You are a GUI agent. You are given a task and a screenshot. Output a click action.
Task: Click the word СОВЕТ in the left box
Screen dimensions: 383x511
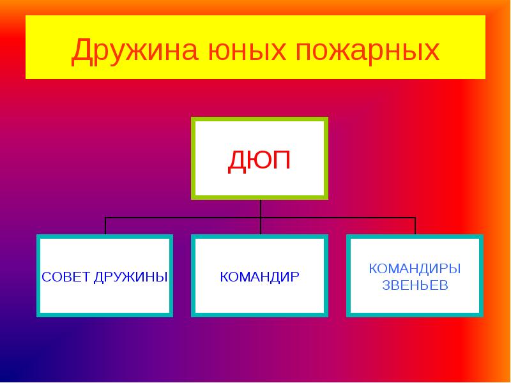tap(66, 277)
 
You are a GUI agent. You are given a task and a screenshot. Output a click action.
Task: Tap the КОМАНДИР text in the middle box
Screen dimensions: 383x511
tap(259, 277)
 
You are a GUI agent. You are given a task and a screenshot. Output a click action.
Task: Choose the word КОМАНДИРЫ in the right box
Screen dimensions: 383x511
tap(415, 269)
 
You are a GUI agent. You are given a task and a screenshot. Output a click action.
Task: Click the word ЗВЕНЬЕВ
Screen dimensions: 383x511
tap(415, 285)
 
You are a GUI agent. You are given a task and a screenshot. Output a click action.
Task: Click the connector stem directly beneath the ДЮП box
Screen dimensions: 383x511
tap(261, 208)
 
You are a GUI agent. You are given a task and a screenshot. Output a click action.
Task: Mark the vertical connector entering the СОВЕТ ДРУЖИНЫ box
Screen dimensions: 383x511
tap(105, 226)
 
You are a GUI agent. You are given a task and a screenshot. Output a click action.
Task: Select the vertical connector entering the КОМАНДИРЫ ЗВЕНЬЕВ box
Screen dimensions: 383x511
tap(415, 226)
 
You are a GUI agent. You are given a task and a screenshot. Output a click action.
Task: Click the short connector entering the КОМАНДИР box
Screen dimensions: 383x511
tap(261, 227)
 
